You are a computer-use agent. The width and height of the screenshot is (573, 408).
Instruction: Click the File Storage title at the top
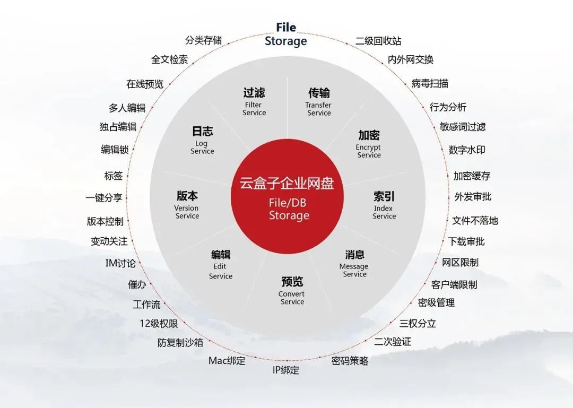coord(286,34)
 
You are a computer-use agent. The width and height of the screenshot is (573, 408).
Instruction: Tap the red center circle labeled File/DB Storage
coord(287,197)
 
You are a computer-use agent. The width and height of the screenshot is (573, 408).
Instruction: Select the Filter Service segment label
coord(254,102)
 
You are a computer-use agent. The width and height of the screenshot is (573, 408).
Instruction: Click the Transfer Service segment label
coord(319,102)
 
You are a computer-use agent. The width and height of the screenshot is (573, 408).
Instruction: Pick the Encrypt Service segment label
coord(369,144)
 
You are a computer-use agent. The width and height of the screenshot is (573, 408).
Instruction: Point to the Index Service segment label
coord(384,205)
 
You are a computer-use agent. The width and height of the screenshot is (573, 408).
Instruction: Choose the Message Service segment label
coord(354,264)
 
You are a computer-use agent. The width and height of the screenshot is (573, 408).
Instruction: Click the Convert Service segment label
coord(292,291)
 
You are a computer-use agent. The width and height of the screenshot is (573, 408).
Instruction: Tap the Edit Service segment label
coord(220,265)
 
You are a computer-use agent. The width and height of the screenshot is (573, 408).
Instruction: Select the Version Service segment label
coord(187,205)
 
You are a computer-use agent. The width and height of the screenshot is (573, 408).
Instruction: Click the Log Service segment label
coord(202,140)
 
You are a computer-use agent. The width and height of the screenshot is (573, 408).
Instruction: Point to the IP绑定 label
coord(286,370)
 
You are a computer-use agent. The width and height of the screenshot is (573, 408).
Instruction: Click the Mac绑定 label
coord(227,361)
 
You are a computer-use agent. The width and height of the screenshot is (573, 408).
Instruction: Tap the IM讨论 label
coord(120,263)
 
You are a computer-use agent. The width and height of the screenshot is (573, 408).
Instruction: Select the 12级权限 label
coord(159,324)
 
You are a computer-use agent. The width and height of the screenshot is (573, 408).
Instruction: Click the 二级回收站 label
coord(378,40)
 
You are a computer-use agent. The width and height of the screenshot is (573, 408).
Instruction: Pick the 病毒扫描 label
coord(430,83)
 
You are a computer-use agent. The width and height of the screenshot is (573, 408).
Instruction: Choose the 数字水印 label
coord(467,150)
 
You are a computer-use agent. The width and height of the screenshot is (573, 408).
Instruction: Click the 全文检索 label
coord(170,59)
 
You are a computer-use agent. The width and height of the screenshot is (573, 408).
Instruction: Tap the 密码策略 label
coord(350,361)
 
